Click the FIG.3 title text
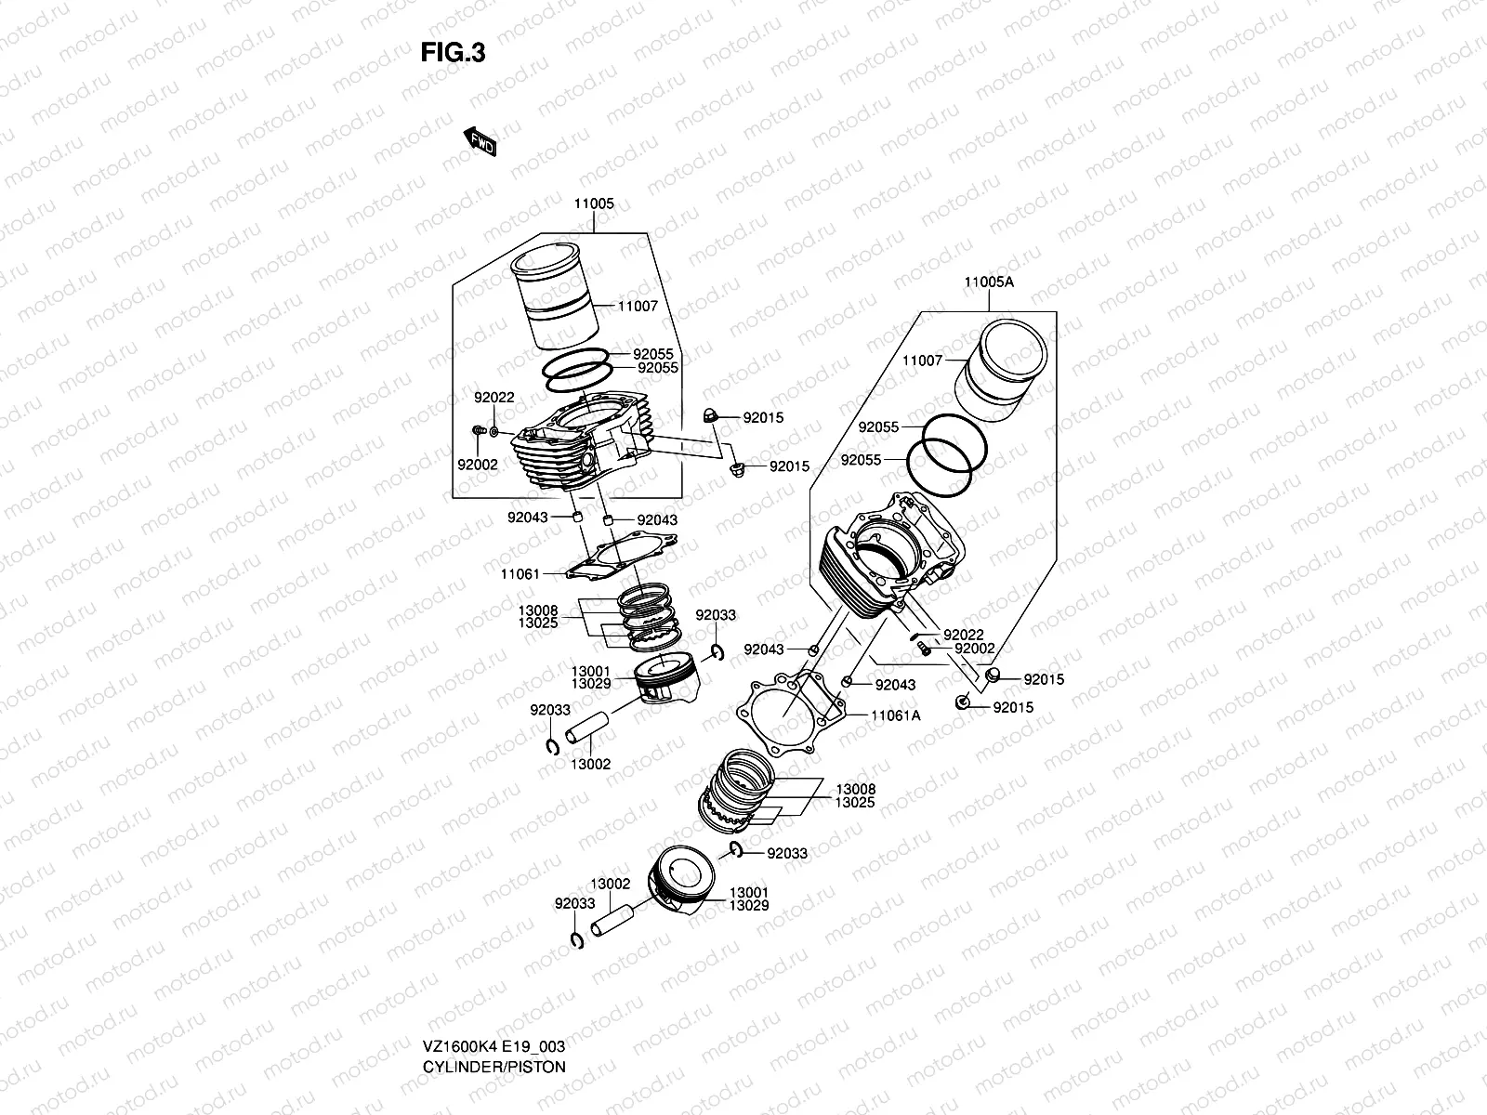coord(453,53)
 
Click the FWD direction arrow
coord(480,141)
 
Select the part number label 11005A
coord(988,282)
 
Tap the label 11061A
coord(896,716)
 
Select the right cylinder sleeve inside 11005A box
coord(1007,370)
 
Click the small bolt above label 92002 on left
coord(479,431)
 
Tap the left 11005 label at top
coord(594,203)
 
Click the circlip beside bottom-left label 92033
coord(576,940)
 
